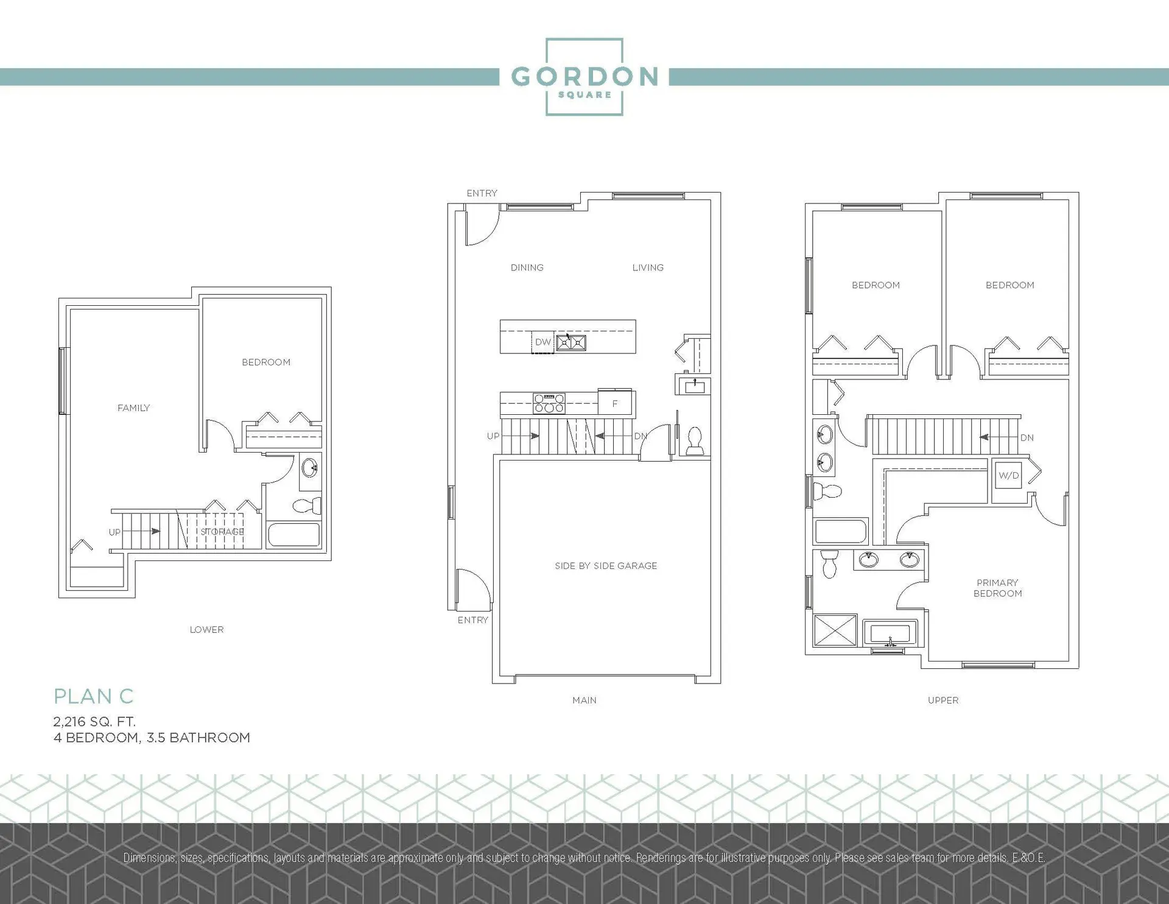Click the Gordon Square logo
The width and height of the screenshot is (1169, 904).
pyautogui.click(x=584, y=77)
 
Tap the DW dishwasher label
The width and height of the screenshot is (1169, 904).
pyautogui.click(x=542, y=342)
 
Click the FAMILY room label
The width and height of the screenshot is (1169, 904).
pyautogui.click(x=133, y=408)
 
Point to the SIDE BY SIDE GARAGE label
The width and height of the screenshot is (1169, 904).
pyautogui.click(x=606, y=566)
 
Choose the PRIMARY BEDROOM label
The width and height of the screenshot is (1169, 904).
pyautogui.click(x=997, y=588)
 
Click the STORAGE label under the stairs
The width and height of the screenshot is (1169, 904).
pyautogui.click(x=222, y=532)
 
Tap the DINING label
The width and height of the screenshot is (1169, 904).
pyautogui.click(x=527, y=267)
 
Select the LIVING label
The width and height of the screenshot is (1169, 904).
pyautogui.click(x=648, y=267)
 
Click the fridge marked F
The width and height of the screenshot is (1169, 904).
pyautogui.click(x=615, y=403)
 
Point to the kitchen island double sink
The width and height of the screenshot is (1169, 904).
pyautogui.click(x=571, y=343)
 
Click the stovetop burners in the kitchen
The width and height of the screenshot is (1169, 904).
pyautogui.click(x=549, y=403)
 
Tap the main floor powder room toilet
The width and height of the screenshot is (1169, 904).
pyautogui.click(x=695, y=441)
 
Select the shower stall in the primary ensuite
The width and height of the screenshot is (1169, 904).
pyautogui.click(x=835, y=630)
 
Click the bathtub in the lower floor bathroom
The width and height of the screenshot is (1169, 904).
pyautogui.click(x=293, y=535)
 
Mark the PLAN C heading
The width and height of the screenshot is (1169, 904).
pyautogui.click(x=93, y=696)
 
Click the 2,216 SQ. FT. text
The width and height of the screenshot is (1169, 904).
pyautogui.click(x=94, y=722)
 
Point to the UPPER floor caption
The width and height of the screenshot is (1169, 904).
pyautogui.click(x=943, y=701)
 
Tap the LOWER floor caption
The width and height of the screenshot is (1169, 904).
pyautogui.click(x=206, y=630)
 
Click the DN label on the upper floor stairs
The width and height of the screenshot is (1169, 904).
pyautogui.click(x=1027, y=437)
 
